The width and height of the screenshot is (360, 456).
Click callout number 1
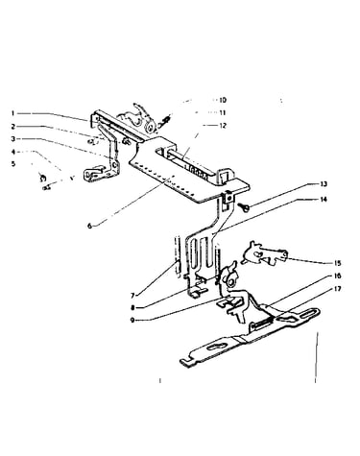[12, 113]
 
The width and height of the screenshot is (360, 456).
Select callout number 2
[12, 126]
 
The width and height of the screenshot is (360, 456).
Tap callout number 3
[12, 139]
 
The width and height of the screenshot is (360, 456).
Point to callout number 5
[13, 164]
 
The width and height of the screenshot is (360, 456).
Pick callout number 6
[90, 226]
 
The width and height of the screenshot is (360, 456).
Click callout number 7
[133, 295]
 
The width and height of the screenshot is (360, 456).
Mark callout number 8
[132, 308]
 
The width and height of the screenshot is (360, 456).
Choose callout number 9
[132, 321]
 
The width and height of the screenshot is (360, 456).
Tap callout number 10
[223, 100]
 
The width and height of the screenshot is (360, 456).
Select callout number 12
[223, 126]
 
